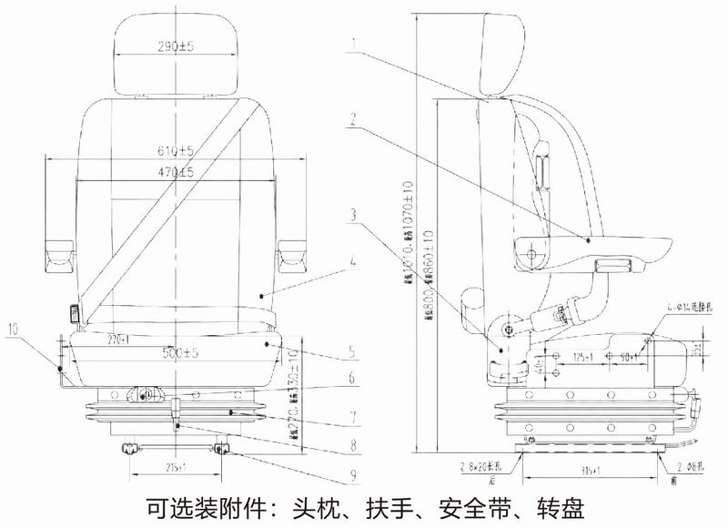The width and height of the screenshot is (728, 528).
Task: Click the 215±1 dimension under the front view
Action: tap(177, 467)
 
